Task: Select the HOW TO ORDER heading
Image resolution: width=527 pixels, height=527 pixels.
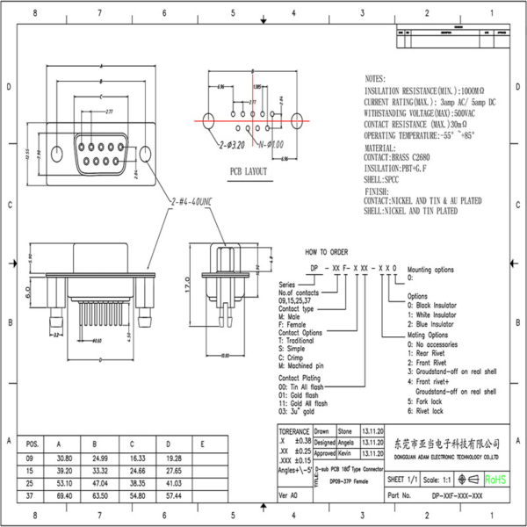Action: point(327,251)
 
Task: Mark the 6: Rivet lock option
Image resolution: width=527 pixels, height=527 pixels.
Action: point(430,409)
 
